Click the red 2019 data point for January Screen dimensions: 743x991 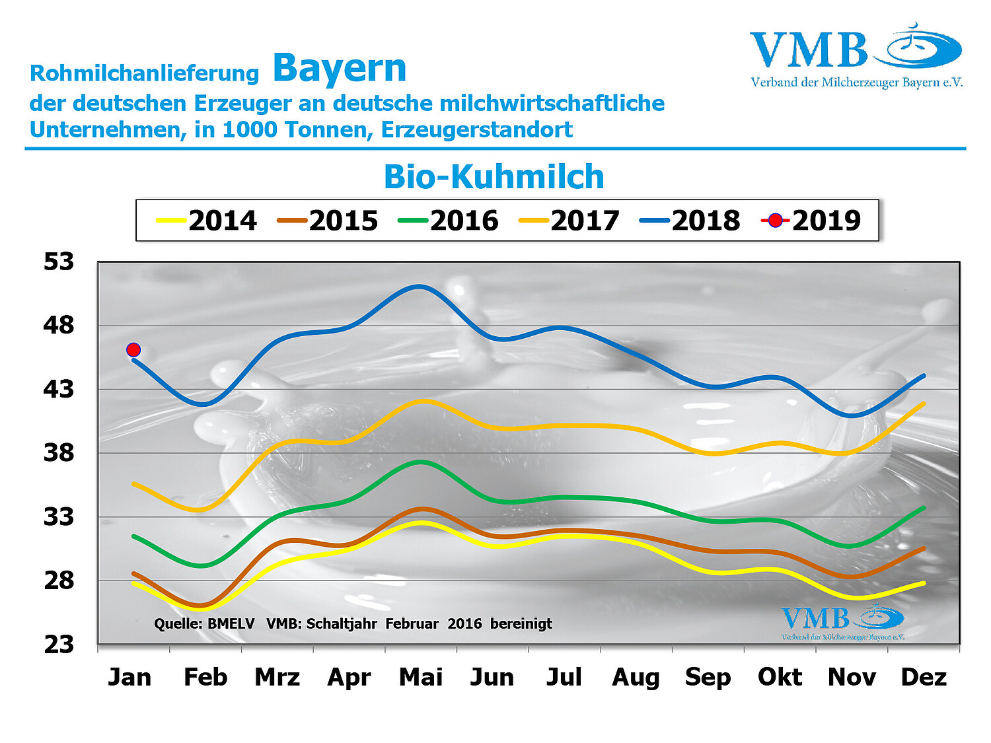point(133,349)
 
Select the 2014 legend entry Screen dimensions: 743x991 point(206,221)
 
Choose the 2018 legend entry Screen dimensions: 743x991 point(690,221)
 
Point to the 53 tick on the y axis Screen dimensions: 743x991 point(59,262)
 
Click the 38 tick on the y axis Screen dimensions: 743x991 point(59,453)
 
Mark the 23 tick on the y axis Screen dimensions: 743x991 point(59,645)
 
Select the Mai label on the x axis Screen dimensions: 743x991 point(421,678)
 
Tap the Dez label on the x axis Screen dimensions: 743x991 point(924,678)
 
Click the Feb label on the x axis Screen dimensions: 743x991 point(205,678)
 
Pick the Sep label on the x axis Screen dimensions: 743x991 point(708,678)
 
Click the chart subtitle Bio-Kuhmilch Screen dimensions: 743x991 point(494,177)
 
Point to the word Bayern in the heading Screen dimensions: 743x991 point(340,69)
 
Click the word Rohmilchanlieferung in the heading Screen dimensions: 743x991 point(145,73)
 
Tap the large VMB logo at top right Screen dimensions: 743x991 point(856,55)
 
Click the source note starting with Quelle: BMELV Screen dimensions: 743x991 point(353,623)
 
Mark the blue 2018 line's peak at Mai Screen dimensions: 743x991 point(420,287)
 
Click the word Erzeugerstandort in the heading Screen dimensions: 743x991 point(477,129)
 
